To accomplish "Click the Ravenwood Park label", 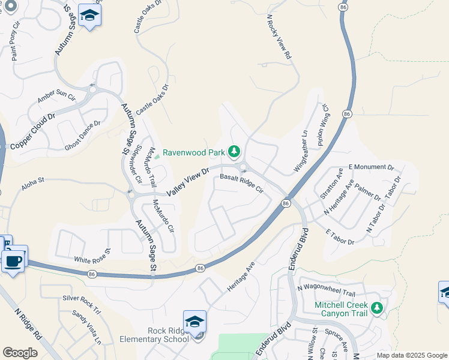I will [x=194, y=152].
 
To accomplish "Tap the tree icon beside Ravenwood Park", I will [x=235, y=152].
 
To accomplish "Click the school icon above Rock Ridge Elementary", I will [x=194, y=322].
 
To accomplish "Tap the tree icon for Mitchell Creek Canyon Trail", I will [x=376, y=308].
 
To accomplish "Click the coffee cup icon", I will [x=13, y=262].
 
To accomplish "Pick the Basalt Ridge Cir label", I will [x=242, y=182].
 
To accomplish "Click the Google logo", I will [x=20, y=352].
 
